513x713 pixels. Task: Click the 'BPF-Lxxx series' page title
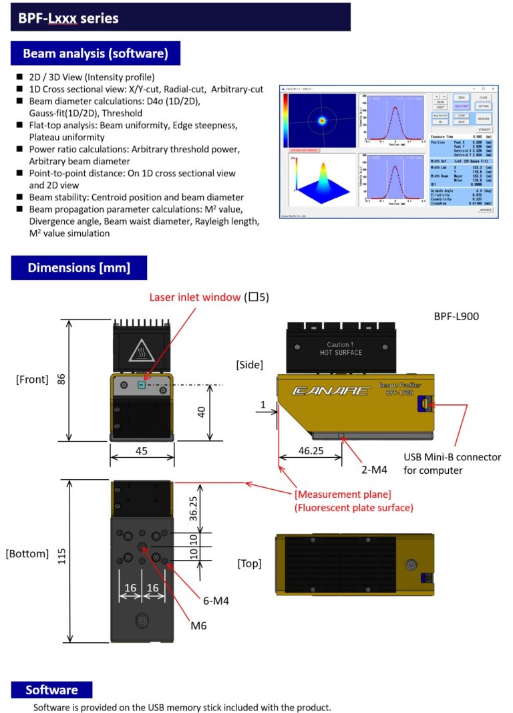(68, 18)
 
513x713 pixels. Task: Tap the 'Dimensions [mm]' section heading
(79, 268)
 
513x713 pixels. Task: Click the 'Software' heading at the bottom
(51, 690)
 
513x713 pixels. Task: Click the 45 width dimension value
(142, 451)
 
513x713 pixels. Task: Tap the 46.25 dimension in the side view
(310, 451)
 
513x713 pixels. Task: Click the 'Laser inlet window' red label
(194, 297)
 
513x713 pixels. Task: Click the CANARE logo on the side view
(331, 390)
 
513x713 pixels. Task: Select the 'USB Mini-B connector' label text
(452, 458)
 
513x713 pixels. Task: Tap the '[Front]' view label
(32, 380)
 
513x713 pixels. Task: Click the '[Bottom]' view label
(27, 553)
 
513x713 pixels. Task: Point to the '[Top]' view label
(250, 564)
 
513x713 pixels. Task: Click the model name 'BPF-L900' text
(456, 315)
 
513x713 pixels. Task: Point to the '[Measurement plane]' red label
(343, 494)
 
